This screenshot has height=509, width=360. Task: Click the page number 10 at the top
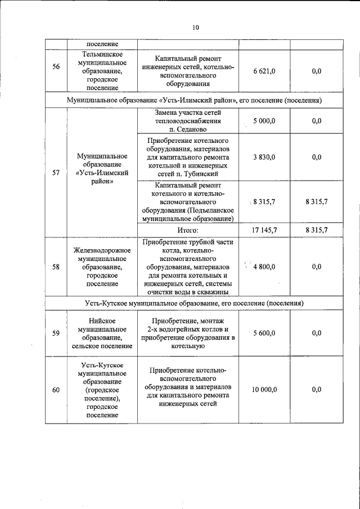coord(195,26)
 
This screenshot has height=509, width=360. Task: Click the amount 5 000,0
coord(264,121)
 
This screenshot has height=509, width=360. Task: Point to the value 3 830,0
coord(264,157)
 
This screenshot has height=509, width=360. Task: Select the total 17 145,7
coord(264,230)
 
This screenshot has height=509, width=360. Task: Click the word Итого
coord(188,230)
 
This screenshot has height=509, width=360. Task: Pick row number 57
coord(56,173)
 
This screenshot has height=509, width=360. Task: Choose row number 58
coord(56,267)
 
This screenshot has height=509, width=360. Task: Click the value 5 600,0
coord(264,333)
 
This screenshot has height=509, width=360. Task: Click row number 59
coord(56,333)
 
